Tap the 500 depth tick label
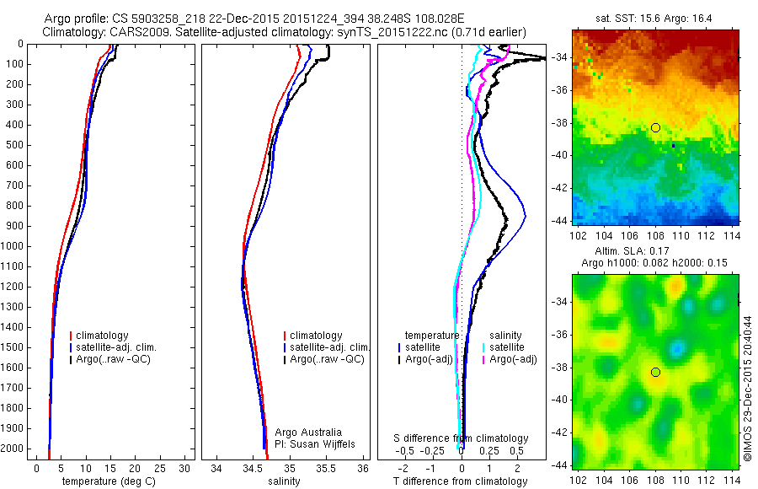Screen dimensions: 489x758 [14, 145]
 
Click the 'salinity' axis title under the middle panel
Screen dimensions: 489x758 [284, 481]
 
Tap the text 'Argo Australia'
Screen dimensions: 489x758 [309, 433]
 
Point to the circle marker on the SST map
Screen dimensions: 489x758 [655, 127]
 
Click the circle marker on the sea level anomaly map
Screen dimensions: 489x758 [655, 372]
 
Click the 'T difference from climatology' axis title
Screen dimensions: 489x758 [461, 481]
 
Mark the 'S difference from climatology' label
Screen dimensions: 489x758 [462, 438]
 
